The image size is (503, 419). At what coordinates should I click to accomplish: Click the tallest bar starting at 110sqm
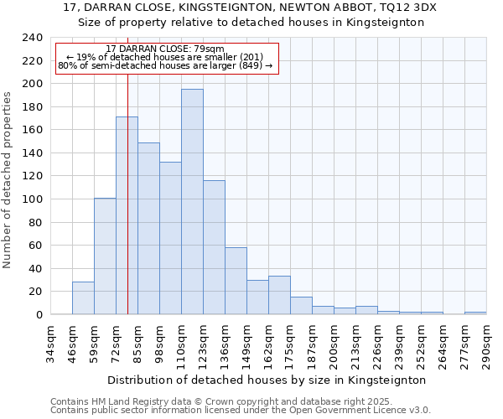192,202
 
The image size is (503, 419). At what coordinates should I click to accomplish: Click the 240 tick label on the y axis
32,38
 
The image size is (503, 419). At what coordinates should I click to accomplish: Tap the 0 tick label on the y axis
39,315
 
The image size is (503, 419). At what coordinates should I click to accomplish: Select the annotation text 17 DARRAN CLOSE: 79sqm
165,49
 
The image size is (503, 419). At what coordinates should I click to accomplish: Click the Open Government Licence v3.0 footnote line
241,410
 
